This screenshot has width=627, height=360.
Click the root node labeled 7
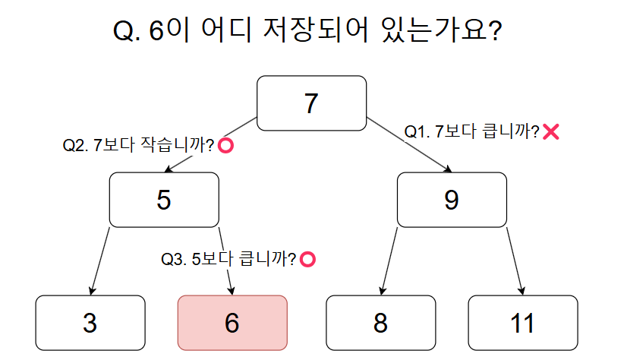[x=311, y=103]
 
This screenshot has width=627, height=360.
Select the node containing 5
[x=164, y=200]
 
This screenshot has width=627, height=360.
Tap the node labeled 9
[x=452, y=200]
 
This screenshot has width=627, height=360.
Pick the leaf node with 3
[x=90, y=323]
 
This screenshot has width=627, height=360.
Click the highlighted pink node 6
[x=232, y=323]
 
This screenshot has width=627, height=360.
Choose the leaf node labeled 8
[x=381, y=323]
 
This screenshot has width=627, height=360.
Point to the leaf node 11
[x=523, y=323]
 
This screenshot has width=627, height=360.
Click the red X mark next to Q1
[x=551, y=131]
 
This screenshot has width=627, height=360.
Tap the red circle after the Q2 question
[x=225, y=145]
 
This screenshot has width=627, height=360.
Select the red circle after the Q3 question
[x=307, y=259]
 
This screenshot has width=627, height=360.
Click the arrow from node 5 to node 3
[x=100, y=261]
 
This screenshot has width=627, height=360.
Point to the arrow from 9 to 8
[x=389, y=261]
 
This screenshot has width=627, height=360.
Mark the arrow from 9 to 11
[x=515, y=261]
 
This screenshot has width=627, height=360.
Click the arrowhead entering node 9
[x=448, y=169]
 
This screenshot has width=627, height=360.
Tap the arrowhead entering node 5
[x=169, y=169]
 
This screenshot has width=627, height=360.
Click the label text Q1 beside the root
[x=472, y=131]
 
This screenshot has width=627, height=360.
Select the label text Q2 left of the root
[x=138, y=145]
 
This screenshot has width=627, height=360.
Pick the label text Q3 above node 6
[x=228, y=259]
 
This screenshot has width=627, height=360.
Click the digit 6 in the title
[x=156, y=31]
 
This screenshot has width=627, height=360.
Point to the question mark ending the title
[x=496, y=30]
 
